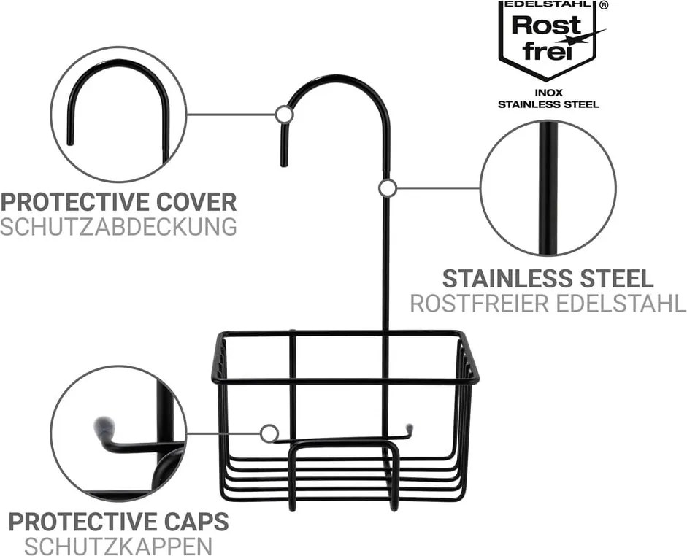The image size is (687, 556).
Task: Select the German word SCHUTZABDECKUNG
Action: [x=118, y=227]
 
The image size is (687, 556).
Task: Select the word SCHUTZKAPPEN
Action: [x=118, y=546]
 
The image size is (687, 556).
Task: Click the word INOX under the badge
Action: [x=548, y=93]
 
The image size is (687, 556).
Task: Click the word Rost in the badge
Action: [x=546, y=26]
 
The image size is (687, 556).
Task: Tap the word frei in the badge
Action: [x=548, y=51]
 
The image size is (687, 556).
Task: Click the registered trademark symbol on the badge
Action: [x=604, y=5]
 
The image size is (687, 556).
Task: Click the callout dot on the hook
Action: [x=284, y=115]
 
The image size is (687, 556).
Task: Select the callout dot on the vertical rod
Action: [x=388, y=188]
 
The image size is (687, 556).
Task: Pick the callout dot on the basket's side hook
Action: [x=269, y=434]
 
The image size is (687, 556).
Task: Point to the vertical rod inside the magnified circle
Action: [x=548, y=188]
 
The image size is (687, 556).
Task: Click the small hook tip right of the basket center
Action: [x=410, y=428]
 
